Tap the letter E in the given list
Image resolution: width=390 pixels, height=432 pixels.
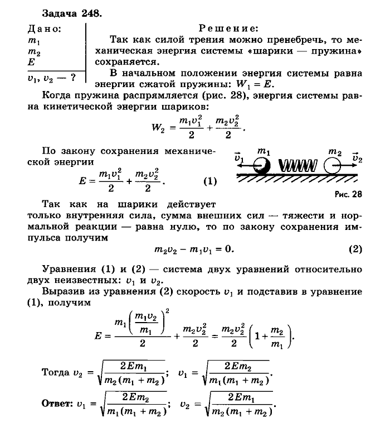pyautogui.click(x=31, y=63)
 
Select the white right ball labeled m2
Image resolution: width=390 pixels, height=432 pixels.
pyautogui.click(x=333, y=165)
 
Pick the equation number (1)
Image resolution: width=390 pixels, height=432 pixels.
pyautogui.click(x=209, y=182)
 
